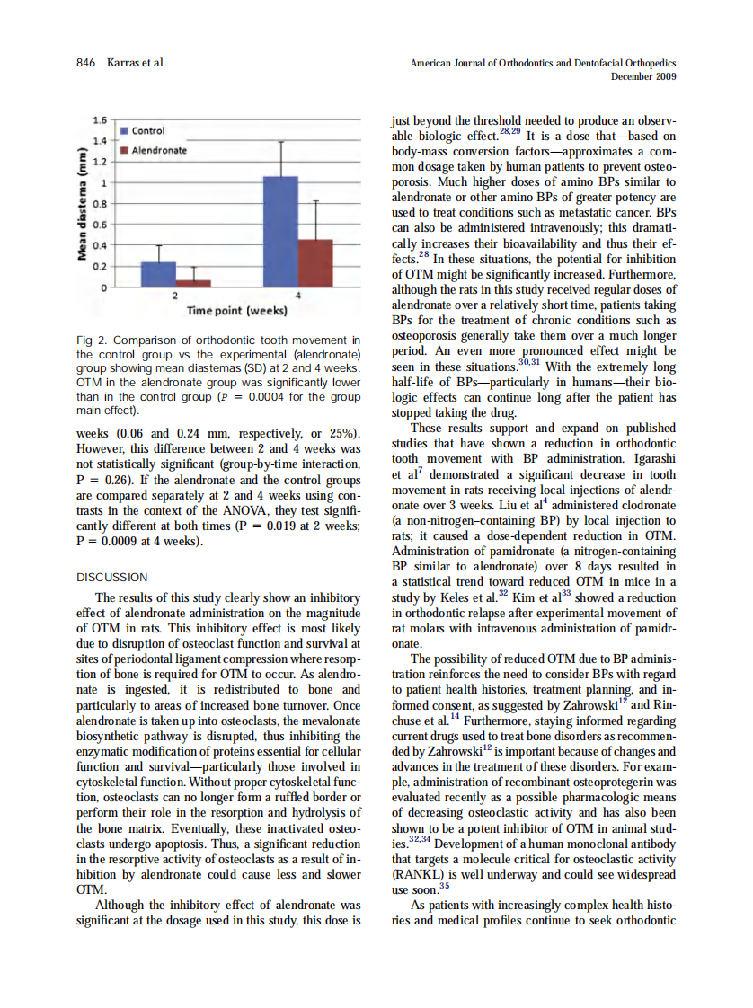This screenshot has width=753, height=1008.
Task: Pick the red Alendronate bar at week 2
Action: [x=193, y=283]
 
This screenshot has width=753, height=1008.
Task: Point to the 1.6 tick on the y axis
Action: [x=99, y=119]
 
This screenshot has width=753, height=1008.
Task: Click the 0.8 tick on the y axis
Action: [x=99, y=203]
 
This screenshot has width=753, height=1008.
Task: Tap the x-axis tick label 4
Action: [x=298, y=296]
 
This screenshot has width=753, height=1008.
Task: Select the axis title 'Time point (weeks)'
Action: [x=236, y=311]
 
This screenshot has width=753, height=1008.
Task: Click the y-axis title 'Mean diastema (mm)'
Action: [x=81, y=204]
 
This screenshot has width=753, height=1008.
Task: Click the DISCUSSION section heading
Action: [x=112, y=577]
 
